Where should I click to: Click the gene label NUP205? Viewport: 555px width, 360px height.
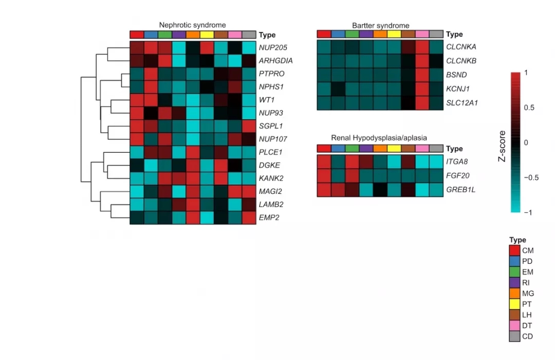tap(273, 48)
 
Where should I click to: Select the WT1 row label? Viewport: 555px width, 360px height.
tap(267, 100)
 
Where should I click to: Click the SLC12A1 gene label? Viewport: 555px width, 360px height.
tap(462, 103)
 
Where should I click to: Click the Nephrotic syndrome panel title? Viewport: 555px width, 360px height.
tap(192, 25)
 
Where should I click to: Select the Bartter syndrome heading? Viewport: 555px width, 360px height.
tap(381, 25)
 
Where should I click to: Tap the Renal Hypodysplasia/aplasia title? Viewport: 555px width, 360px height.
tap(379, 138)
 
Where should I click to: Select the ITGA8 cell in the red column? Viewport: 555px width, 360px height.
tap(324, 162)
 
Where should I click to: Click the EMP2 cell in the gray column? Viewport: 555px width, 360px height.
tap(249, 218)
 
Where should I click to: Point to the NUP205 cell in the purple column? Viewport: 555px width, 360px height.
tap(179, 48)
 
